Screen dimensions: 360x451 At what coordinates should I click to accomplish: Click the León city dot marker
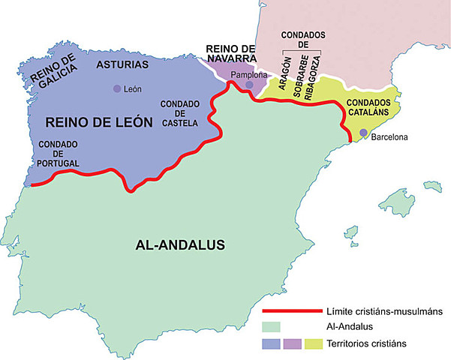[116, 89]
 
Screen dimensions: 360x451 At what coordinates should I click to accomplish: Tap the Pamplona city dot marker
[249, 85]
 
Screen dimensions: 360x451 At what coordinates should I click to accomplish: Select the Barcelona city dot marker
[363, 133]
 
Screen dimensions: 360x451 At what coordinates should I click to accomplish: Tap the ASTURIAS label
[122, 64]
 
